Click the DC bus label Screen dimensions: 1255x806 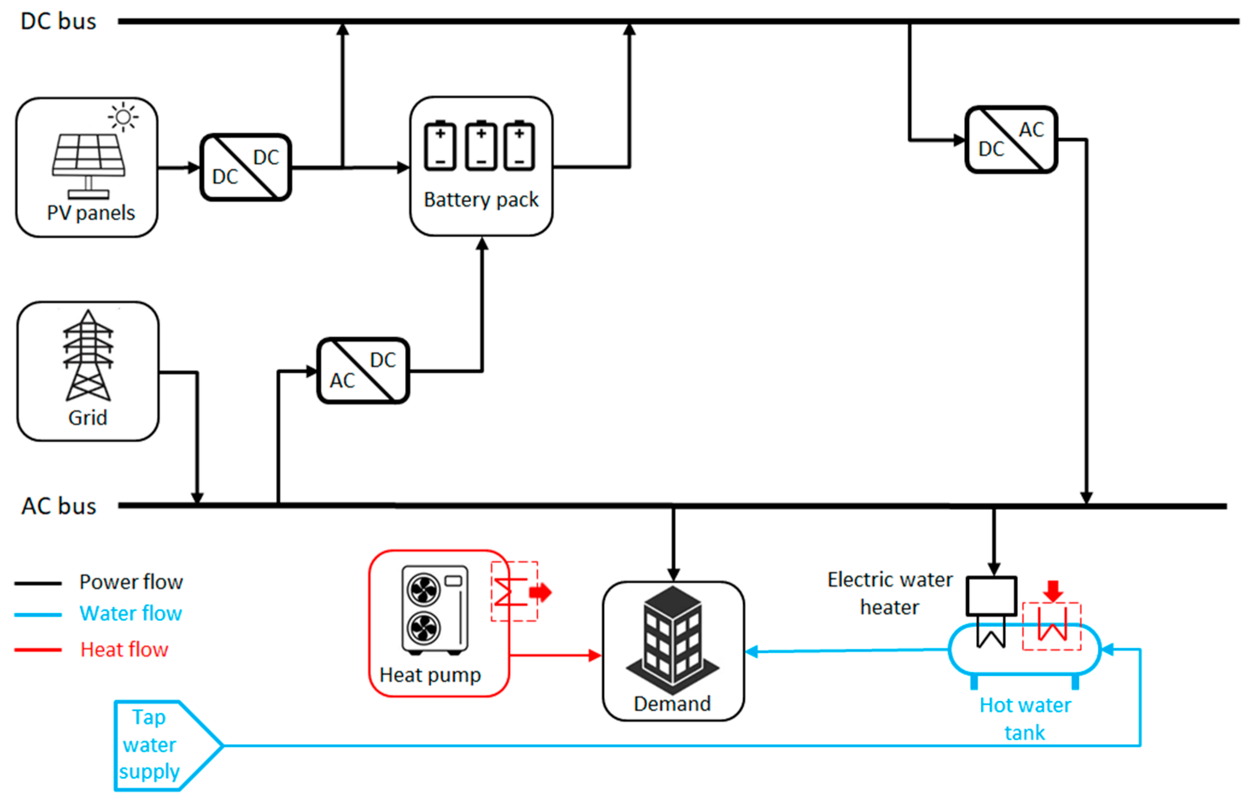pyautogui.click(x=58, y=21)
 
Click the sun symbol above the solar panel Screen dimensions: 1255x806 pyautogui.click(x=123, y=117)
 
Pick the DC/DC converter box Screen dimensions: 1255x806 pyautogui.click(x=246, y=167)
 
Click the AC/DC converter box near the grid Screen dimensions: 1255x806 pyautogui.click(x=363, y=371)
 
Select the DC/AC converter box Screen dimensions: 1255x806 pyautogui.click(x=1011, y=140)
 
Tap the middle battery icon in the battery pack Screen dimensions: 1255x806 pyautogui.click(x=481, y=146)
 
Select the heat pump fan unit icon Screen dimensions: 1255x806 pyautogui.click(x=435, y=610)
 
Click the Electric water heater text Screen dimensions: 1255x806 pyautogui.click(x=890, y=593)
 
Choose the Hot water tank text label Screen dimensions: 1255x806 pyautogui.click(x=1025, y=718)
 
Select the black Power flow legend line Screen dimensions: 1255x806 pyautogui.click(x=38, y=583)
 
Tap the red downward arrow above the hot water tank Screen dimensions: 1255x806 pyautogui.click(x=1053, y=591)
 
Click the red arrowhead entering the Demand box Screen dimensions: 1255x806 pyautogui.click(x=595, y=655)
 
